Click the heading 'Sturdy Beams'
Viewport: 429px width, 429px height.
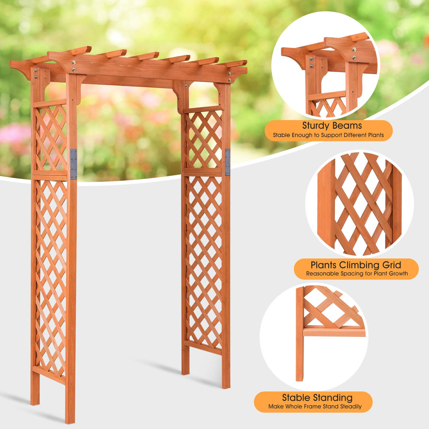pyautogui.click(x=332, y=126)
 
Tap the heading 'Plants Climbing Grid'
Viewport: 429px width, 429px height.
pyautogui.click(x=356, y=265)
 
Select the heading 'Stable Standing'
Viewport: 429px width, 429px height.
pyautogui.click(x=317, y=398)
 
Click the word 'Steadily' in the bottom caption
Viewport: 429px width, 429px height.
pyautogui.click(x=349, y=406)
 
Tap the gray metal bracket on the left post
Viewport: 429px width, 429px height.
pyautogui.click(x=74, y=164)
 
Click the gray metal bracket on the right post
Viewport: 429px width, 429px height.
pyautogui.click(x=227, y=162)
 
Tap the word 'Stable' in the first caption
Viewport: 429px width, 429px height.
pyautogui.click(x=282, y=135)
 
